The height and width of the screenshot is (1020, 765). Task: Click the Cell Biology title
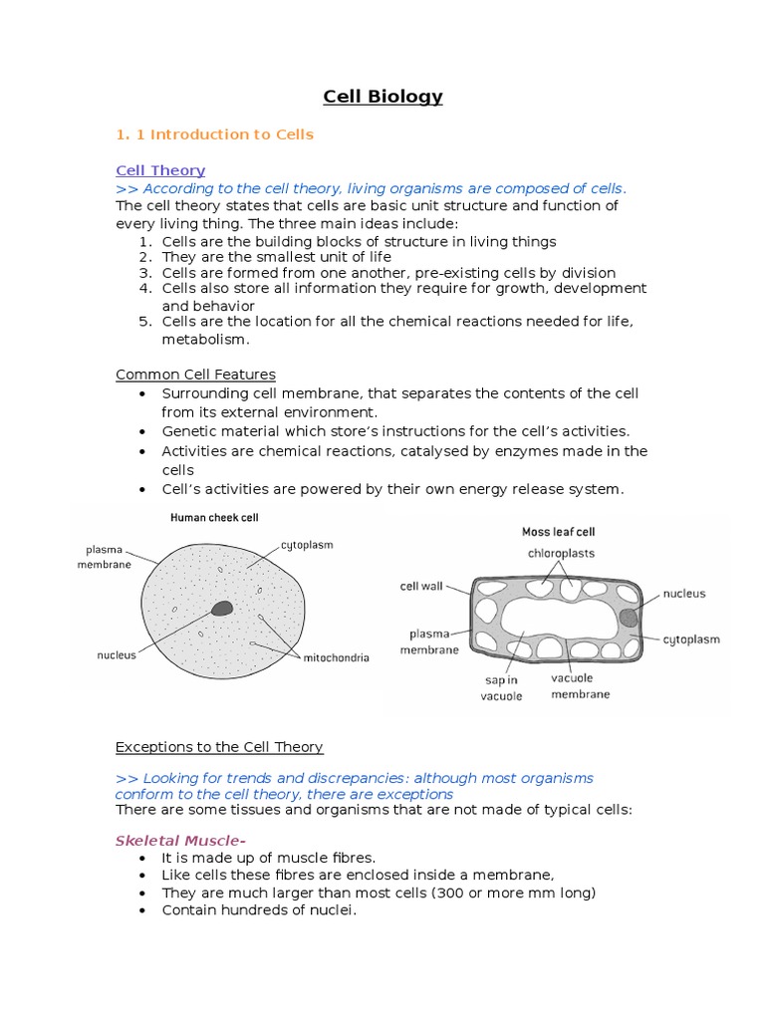click(382, 97)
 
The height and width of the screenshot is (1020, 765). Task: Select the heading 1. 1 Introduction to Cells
click(214, 134)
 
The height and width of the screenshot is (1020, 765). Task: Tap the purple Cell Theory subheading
click(160, 170)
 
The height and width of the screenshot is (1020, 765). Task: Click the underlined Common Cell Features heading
click(195, 375)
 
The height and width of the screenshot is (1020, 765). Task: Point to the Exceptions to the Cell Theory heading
click(219, 746)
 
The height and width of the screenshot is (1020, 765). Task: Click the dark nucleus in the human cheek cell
click(222, 608)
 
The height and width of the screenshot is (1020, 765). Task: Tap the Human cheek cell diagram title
click(214, 517)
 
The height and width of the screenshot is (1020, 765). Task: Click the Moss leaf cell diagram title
click(558, 532)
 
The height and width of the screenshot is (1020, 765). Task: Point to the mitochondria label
click(336, 657)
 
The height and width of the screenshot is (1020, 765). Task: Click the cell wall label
click(421, 587)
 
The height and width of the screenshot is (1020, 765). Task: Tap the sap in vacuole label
click(502, 687)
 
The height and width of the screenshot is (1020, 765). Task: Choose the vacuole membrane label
click(581, 686)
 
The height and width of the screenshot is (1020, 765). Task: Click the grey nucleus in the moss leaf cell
click(629, 618)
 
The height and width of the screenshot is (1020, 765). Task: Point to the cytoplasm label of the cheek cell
click(306, 545)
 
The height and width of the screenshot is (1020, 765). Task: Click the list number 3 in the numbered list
click(143, 273)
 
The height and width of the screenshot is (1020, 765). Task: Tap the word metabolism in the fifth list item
click(204, 340)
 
